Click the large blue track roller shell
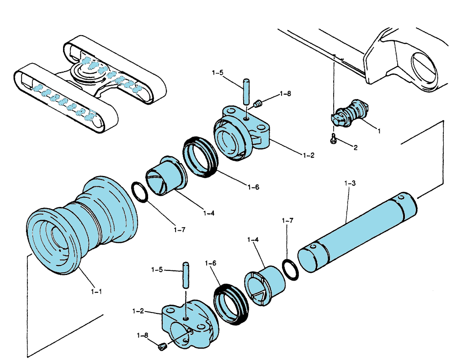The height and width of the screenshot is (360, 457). point(82,224)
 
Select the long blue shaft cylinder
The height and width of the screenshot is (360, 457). point(357,232)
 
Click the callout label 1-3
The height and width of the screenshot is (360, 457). point(350,183)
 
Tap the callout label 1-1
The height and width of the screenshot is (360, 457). point(96,291)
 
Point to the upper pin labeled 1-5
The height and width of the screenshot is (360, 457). point(246,92)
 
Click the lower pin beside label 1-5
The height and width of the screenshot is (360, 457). point(186,275)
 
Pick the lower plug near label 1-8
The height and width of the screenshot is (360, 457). point(162,347)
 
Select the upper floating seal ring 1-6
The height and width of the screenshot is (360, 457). point(200,157)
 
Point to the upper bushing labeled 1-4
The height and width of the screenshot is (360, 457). point(166,175)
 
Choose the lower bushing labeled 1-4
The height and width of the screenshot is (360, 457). point(265,286)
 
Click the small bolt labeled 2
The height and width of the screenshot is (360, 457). point(333,138)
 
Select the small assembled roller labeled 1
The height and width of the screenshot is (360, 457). point(350,113)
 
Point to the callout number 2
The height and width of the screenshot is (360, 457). point(355,148)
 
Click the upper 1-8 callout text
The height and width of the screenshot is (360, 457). point(285,94)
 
